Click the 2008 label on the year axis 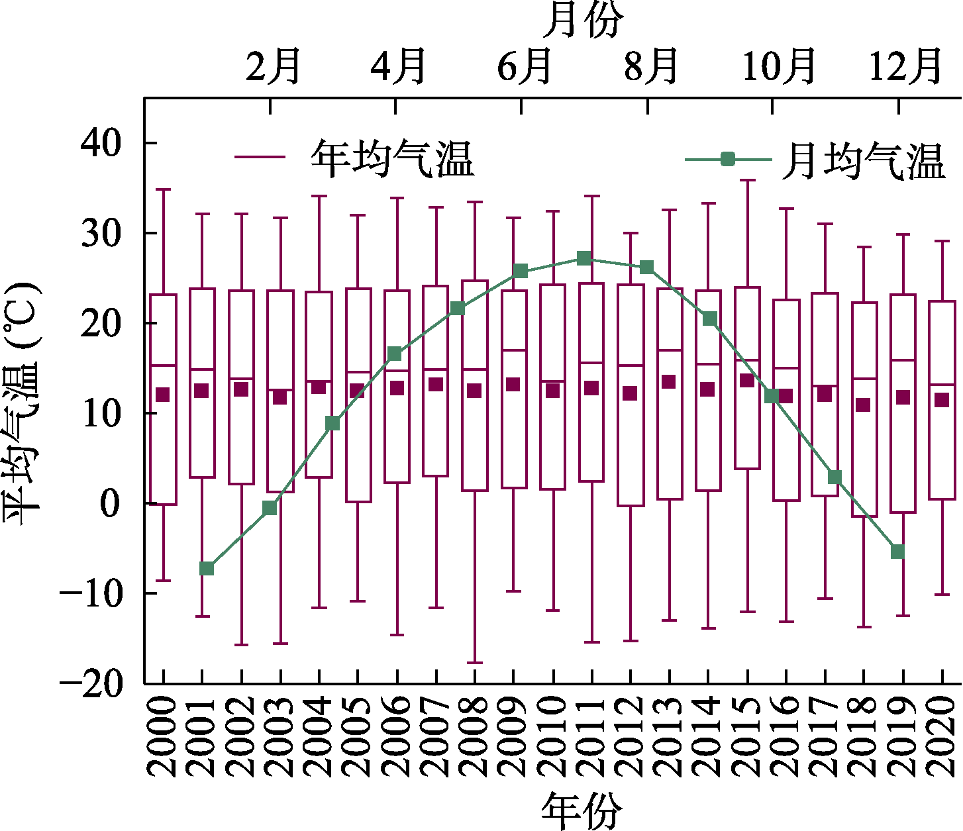pos(474,736)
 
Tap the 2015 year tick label pos(747,736)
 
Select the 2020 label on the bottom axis pos(942,736)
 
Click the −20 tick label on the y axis pos(93,683)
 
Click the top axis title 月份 pos(583,20)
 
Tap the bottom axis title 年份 pos(583,809)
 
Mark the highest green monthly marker pos(583,258)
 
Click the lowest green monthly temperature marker pos(207,568)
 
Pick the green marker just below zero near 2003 pos(270,508)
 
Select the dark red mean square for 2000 pos(162,395)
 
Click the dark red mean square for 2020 pos(942,399)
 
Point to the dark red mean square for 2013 pos(669,381)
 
